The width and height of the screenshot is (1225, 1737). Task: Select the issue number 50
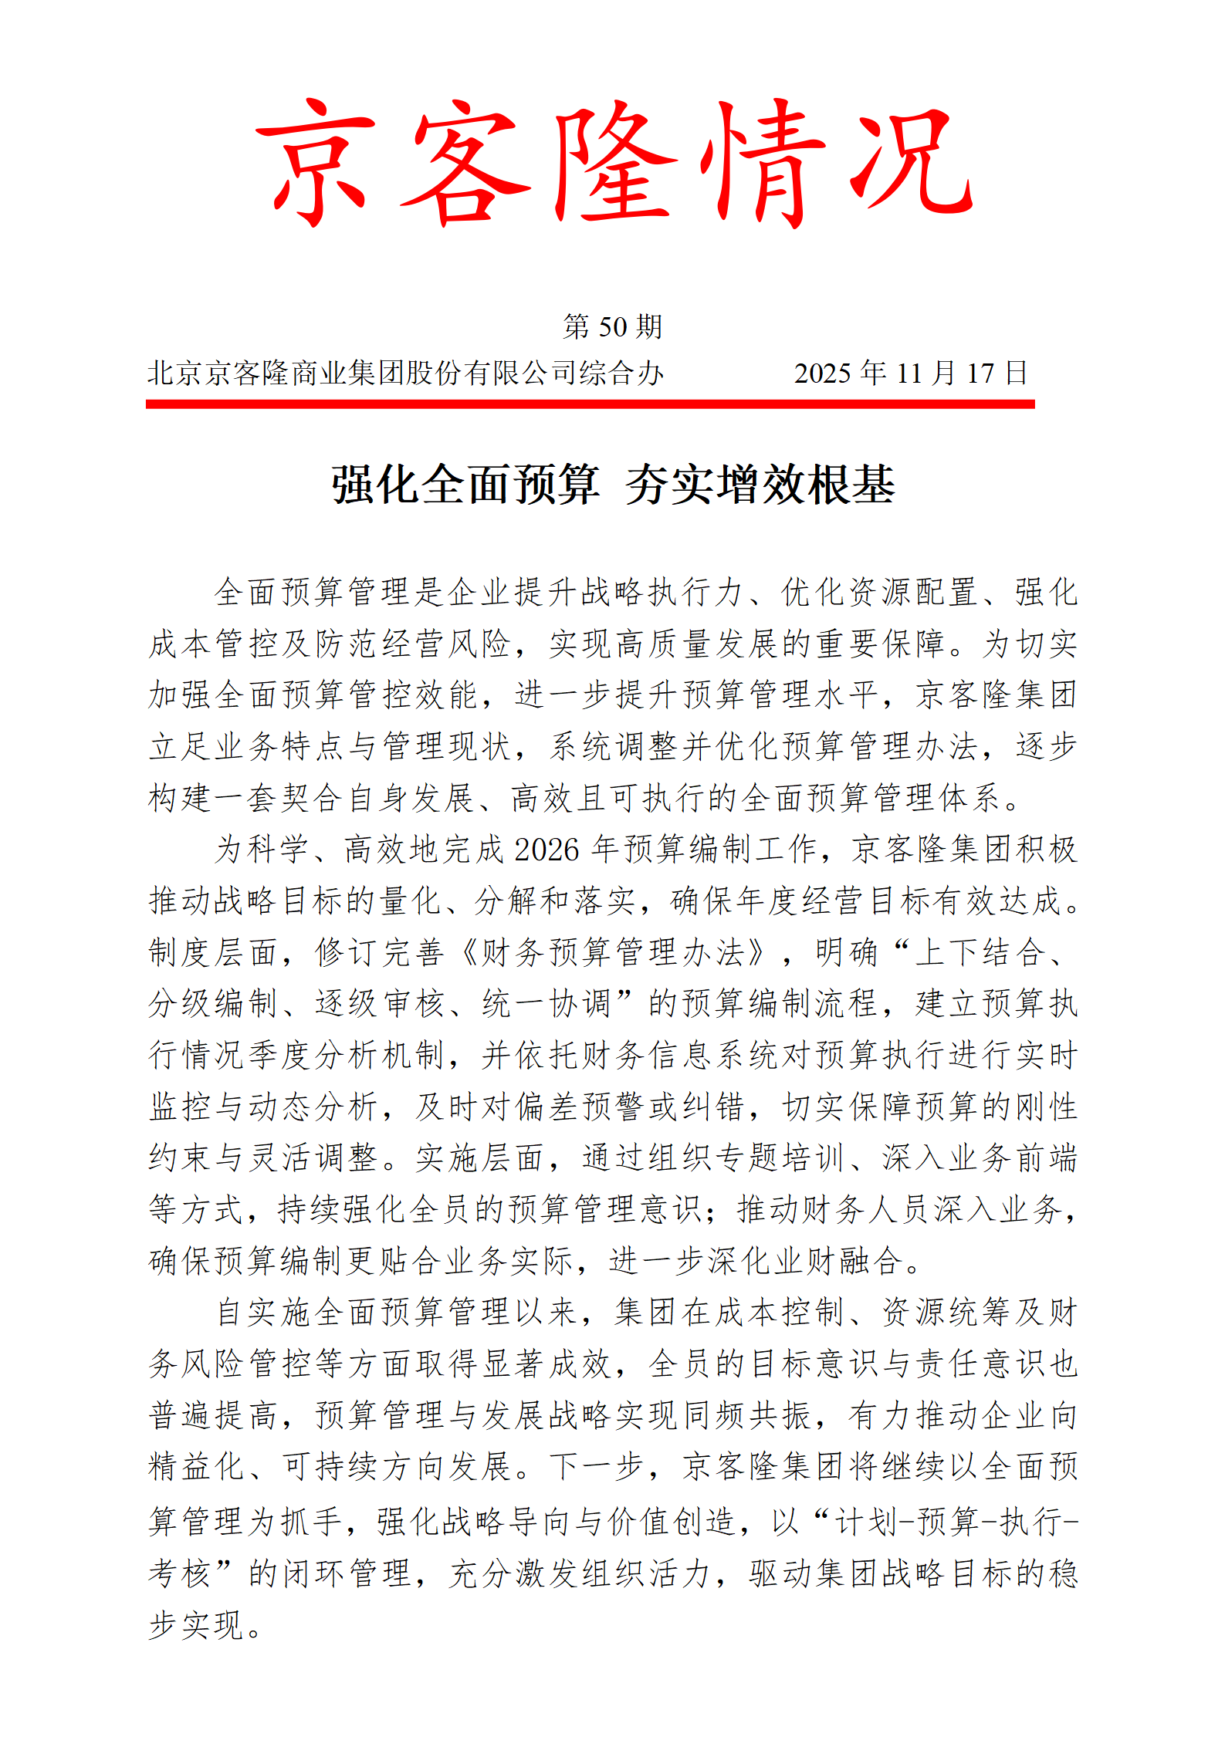pos(613,327)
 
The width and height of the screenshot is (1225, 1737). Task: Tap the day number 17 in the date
pos(980,374)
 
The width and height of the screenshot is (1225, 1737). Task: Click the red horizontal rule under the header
pos(590,404)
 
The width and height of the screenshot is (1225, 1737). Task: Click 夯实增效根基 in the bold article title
pos(760,485)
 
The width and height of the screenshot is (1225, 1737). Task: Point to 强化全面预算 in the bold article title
pos(465,485)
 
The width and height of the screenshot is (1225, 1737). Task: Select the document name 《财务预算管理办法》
pos(614,952)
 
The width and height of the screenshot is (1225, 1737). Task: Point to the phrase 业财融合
pos(838,1260)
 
